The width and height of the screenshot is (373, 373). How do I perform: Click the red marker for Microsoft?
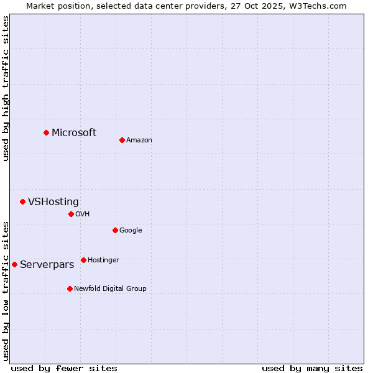tap(46, 132)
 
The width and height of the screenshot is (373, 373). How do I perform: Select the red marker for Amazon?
tap(122, 140)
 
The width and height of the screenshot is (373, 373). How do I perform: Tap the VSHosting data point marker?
tap(22, 201)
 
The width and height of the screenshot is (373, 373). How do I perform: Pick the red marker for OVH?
tap(71, 214)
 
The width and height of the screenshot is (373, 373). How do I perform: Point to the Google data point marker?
tap(115, 230)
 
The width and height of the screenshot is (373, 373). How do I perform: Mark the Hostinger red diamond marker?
tap(83, 260)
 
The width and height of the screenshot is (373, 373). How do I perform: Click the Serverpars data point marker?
tap(14, 264)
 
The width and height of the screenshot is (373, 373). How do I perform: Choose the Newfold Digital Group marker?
tap(70, 288)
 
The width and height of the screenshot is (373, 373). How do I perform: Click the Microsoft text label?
tap(74, 132)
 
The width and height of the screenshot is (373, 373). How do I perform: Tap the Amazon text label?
tap(139, 140)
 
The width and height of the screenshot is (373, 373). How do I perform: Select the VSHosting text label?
tap(53, 201)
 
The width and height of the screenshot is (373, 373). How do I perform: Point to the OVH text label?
tap(83, 214)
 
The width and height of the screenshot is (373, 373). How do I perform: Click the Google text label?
tap(131, 230)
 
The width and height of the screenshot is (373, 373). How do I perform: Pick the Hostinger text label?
tap(103, 260)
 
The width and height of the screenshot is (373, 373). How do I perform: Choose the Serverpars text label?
tap(47, 264)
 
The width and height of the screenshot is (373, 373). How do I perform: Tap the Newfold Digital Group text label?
tap(110, 288)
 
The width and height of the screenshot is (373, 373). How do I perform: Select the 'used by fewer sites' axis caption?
tap(64, 368)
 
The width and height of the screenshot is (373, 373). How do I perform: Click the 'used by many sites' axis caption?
tap(312, 368)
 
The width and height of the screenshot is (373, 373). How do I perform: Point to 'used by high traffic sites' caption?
tap(6, 88)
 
